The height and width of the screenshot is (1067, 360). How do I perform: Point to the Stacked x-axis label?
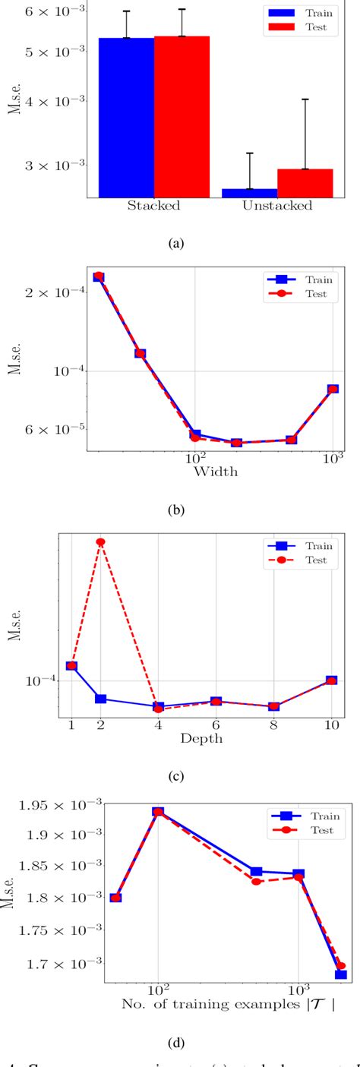(x=153, y=206)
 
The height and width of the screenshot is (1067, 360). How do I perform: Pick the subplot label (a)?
(x=177, y=244)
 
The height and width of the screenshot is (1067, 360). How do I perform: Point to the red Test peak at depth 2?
(x=100, y=541)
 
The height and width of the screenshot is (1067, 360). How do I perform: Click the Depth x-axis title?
(x=201, y=737)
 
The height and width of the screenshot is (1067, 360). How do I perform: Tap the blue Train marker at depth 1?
(x=71, y=666)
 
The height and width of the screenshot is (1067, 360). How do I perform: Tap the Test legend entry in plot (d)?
(x=303, y=831)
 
